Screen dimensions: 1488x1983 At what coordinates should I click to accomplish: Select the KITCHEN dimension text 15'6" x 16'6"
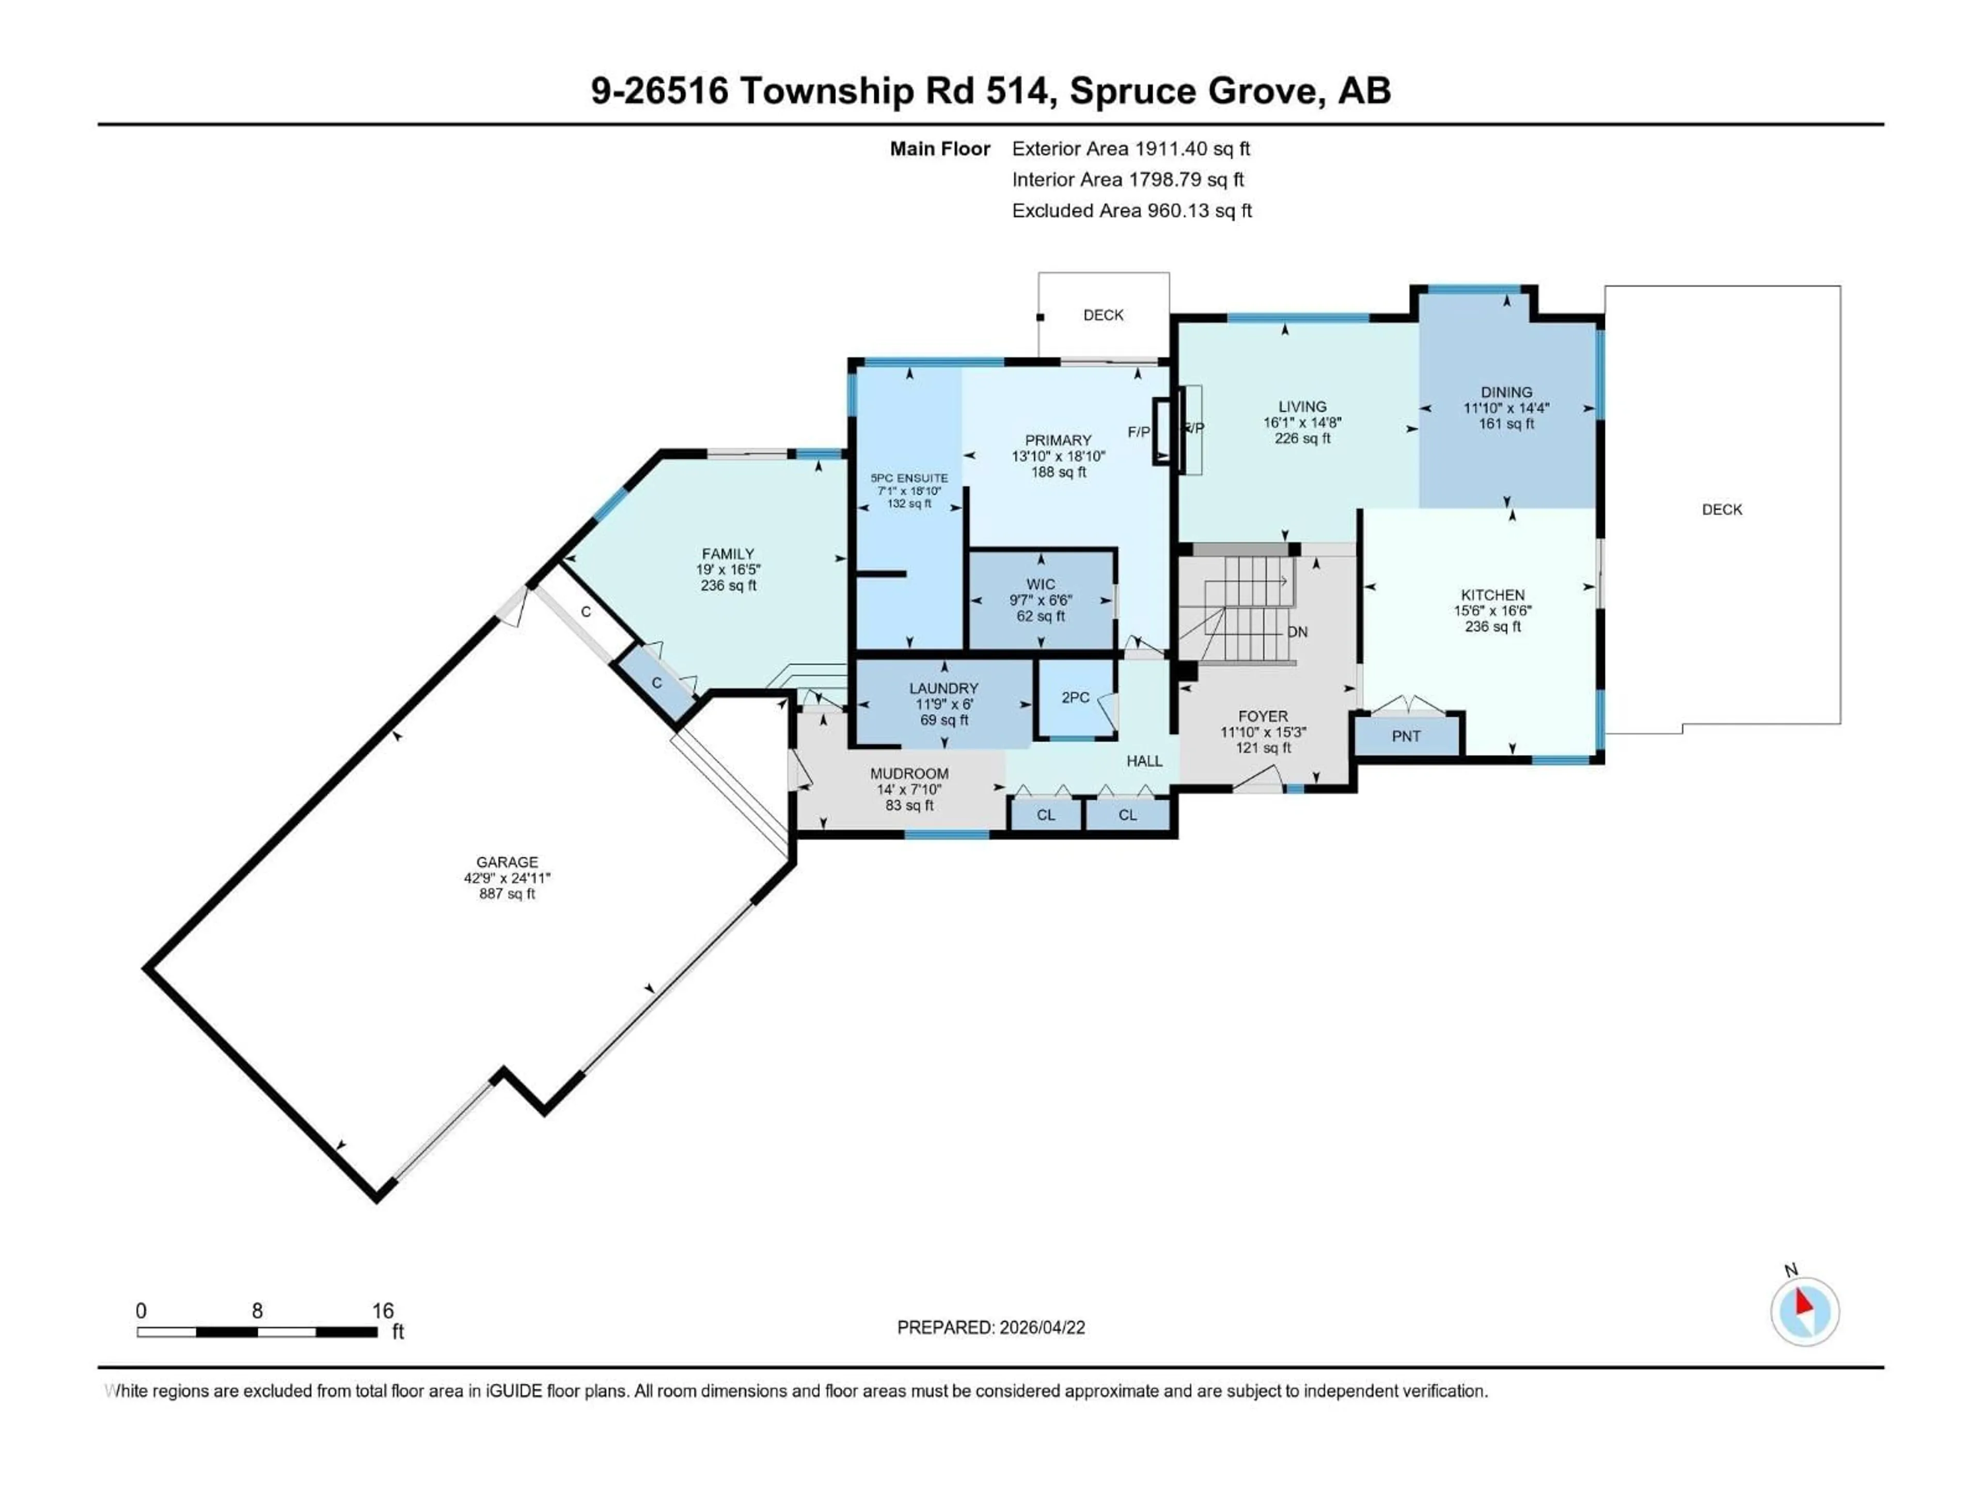pyautogui.click(x=1492, y=611)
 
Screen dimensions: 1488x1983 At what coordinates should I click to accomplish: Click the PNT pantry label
pyautogui.click(x=1406, y=736)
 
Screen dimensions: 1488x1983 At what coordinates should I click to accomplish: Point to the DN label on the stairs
pyautogui.click(x=1297, y=632)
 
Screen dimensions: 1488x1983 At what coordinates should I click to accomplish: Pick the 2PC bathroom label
pyautogui.click(x=1075, y=698)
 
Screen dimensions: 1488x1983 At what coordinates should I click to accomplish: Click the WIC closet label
pyautogui.click(x=1041, y=585)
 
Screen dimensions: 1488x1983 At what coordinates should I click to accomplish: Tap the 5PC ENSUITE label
pyautogui.click(x=909, y=478)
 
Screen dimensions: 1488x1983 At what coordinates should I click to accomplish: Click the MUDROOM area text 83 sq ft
pyautogui.click(x=909, y=805)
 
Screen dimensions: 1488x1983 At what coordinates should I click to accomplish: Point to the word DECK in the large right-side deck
pyautogui.click(x=1721, y=509)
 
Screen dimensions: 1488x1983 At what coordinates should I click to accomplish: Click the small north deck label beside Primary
pyautogui.click(x=1103, y=315)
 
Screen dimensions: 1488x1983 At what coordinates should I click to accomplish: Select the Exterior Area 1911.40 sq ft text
pyautogui.click(x=1130, y=149)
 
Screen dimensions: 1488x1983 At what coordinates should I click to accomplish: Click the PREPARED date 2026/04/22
pyautogui.click(x=990, y=1327)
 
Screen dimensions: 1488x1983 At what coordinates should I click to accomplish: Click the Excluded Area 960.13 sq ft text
pyautogui.click(x=1131, y=211)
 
